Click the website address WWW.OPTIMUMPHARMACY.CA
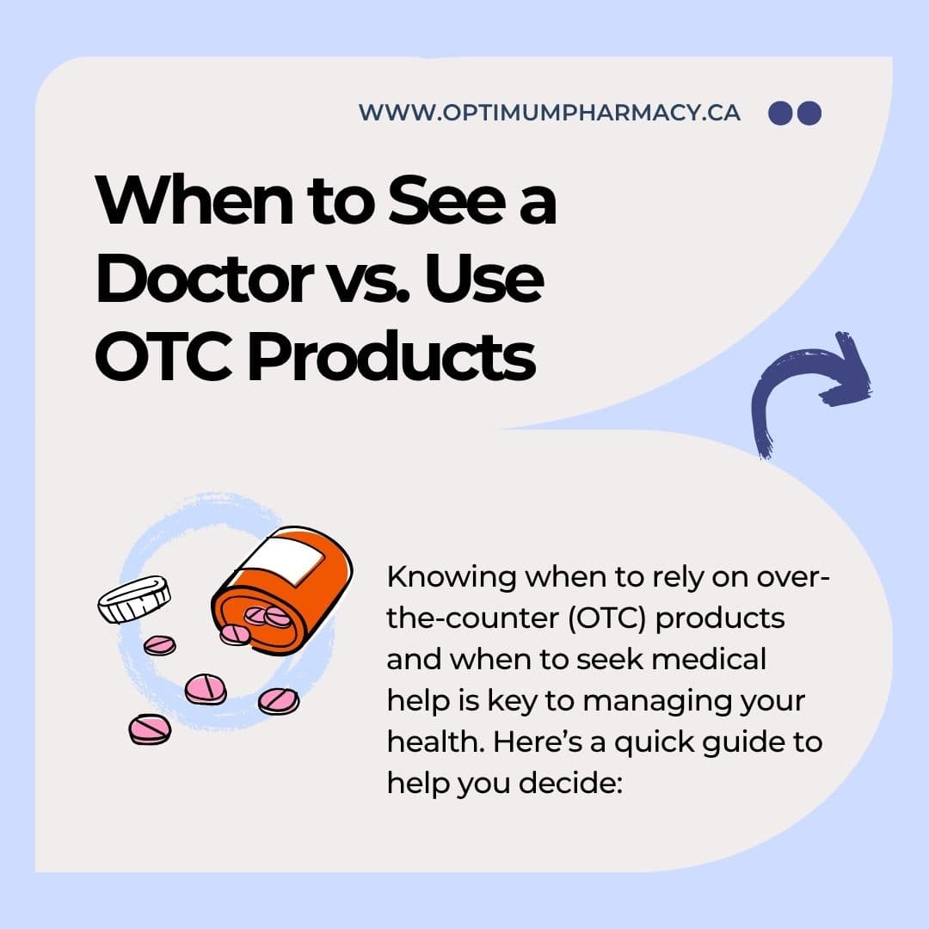(x=549, y=113)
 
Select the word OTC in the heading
(x=163, y=356)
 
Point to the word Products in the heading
(x=391, y=356)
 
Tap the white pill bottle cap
(x=134, y=599)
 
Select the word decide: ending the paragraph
(x=570, y=784)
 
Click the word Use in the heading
(x=483, y=279)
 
